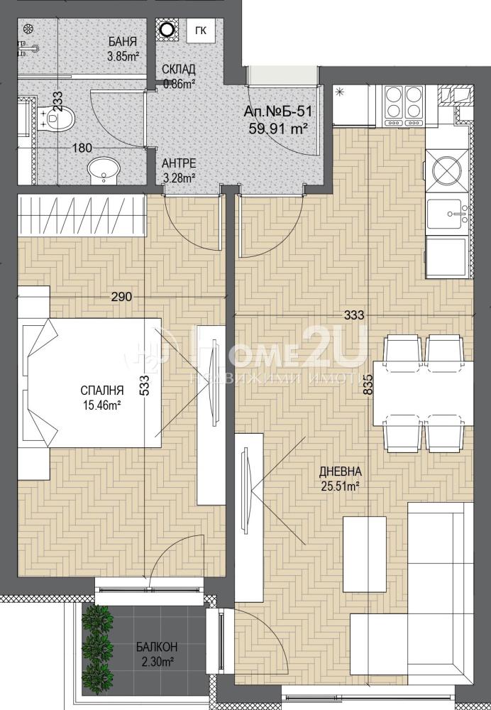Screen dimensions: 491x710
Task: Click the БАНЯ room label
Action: (x=123, y=42)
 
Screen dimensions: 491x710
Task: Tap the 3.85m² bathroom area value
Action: (x=123, y=56)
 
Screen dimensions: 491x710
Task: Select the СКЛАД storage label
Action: (x=179, y=70)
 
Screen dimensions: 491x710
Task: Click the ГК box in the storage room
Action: (x=201, y=31)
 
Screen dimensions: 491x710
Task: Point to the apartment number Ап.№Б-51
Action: (x=278, y=112)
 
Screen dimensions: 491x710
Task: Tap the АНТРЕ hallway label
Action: (x=179, y=163)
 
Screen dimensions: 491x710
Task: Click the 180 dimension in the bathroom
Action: (x=82, y=148)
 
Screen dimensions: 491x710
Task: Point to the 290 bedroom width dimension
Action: (x=122, y=297)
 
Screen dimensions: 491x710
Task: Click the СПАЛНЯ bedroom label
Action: (x=102, y=390)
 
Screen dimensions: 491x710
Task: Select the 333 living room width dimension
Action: (x=354, y=316)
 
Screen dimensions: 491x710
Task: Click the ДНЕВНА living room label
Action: (x=341, y=472)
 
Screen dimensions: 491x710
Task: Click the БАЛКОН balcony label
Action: (x=157, y=647)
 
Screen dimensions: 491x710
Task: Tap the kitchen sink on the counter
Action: (x=448, y=214)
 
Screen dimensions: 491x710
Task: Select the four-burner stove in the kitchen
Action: (x=404, y=106)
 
